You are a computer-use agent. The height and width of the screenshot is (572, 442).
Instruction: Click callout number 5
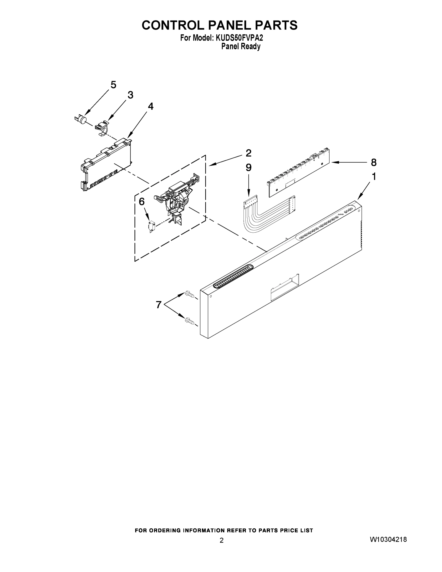coord(113,85)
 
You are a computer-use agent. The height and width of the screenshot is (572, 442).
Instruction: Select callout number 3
coord(130,95)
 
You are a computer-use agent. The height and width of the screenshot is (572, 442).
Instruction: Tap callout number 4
coord(151,106)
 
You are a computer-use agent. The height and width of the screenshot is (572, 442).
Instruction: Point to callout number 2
coord(248,153)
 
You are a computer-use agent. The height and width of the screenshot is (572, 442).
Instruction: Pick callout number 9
coord(248,167)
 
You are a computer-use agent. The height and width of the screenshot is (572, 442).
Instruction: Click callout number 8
coord(374,162)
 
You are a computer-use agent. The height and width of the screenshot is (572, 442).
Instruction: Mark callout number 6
coord(141,201)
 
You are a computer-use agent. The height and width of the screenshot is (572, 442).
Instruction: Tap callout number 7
coord(158,305)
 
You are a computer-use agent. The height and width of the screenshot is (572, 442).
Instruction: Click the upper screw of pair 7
coord(190,295)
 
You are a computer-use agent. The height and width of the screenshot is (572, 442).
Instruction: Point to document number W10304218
coord(388,539)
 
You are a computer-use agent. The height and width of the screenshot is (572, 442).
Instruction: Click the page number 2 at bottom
coord(222,540)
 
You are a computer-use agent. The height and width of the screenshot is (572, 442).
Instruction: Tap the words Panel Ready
coord(241,47)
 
